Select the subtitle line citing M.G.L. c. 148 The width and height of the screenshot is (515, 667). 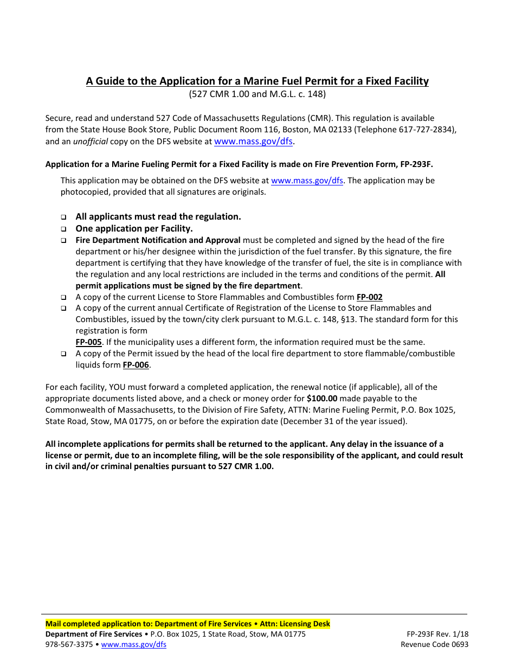(x=257, y=94)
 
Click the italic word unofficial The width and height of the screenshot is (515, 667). (x=91, y=142)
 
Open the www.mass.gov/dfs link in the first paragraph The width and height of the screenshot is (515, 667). (x=254, y=142)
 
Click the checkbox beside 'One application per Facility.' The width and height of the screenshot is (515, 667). (x=63, y=229)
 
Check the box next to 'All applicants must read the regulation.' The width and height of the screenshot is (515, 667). (x=63, y=217)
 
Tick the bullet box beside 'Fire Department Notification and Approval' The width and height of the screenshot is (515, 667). (x=63, y=240)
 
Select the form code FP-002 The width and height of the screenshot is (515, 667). (x=369, y=297)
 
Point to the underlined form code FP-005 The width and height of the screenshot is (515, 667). (x=88, y=342)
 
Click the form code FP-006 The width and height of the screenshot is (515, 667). (x=136, y=365)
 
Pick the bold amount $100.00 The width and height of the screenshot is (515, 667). (x=322, y=399)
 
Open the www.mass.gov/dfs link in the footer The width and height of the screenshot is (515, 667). (x=134, y=645)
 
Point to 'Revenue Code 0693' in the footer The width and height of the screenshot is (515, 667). (x=434, y=645)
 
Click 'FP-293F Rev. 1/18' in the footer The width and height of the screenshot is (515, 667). (x=437, y=634)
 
